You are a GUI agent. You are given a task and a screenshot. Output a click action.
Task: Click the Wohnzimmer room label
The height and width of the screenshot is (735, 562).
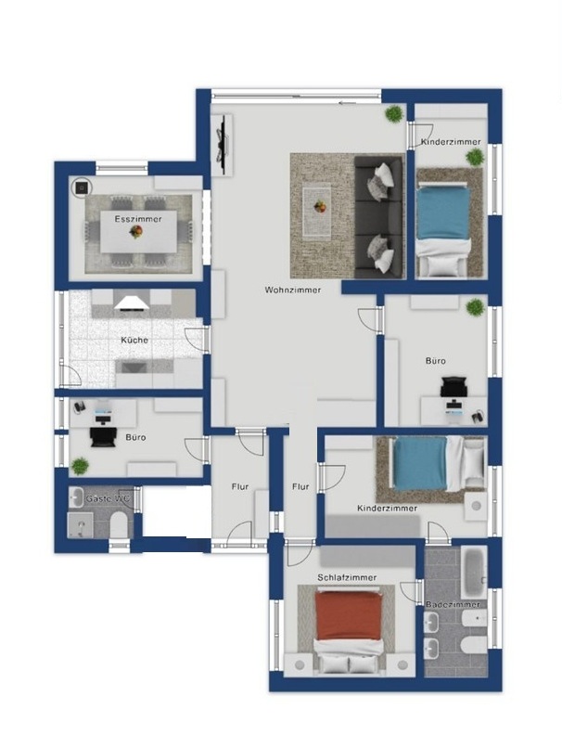pyautogui.click(x=293, y=290)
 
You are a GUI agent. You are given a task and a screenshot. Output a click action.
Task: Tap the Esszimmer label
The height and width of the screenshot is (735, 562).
pyautogui.click(x=138, y=219)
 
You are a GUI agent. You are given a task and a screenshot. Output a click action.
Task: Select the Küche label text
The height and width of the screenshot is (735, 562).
pyautogui.click(x=134, y=340)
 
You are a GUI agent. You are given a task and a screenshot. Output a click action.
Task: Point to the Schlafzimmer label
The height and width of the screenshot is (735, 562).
pyautogui.click(x=347, y=577)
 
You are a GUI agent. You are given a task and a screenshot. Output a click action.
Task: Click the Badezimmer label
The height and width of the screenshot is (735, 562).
pyautogui.click(x=453, y=605)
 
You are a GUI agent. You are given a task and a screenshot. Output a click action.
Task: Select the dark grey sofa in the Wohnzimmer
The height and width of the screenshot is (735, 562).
pyautogui.click(x=379, y=217)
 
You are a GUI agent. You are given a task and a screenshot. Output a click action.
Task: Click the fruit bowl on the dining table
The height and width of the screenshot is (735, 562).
pyautogui.click(x=135, y=231)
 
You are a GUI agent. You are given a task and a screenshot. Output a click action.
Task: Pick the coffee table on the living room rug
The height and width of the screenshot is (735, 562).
pyautogui.click(x=317, y=211)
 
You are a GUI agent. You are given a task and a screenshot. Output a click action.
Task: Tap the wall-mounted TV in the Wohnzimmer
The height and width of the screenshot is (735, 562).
pyautogui.click(x=223, y=138)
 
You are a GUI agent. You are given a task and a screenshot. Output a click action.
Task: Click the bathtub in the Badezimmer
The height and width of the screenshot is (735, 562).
pyautogui.click(x=474, y=571)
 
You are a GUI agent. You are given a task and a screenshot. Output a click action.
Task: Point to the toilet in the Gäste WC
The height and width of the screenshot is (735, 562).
pyautogui.click(x=118, y=524)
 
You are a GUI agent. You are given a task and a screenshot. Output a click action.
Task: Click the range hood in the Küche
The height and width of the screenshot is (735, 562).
pyautogui.click(x=133, y=303)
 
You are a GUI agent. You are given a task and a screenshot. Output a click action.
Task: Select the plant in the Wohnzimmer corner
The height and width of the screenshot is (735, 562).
pyautogui.click(x=394, y=113)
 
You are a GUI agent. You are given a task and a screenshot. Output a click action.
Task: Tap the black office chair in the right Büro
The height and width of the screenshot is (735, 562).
pyautogui.click(x=453, y=387)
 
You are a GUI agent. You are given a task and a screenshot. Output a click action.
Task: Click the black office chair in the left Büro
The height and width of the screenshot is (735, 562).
pyautogui.click(x=103, y=436)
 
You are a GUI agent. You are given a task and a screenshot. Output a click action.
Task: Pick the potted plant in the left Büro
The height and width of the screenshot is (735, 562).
pyautogui.click(x=80, y=467)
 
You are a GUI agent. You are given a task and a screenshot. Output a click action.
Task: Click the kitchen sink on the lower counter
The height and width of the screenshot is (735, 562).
pyautogui.click(x=134, y=367)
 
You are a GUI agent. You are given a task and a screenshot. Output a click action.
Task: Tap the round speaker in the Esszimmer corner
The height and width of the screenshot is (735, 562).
pyautogui.click(x=82, y=187)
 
